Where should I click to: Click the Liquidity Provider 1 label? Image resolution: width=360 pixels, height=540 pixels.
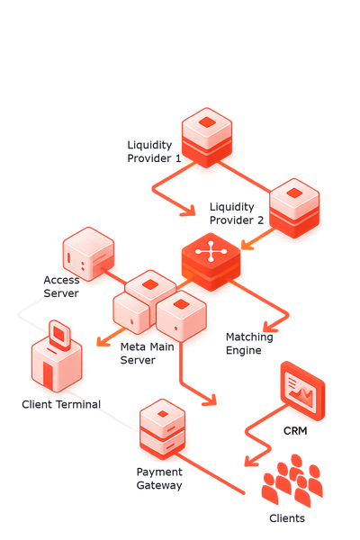[154, 151]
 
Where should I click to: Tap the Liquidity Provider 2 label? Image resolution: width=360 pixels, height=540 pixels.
[237, 213]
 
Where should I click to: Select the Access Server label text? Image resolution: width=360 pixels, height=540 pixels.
[61, 286]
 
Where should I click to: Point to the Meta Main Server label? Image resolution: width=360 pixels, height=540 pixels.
[147, 354]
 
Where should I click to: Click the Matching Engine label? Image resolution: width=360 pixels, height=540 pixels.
[249, 344]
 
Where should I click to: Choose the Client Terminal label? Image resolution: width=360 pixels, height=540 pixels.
[61, 404]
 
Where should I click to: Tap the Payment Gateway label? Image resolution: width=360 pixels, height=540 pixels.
[159, 479]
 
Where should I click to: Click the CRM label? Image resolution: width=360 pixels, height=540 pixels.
[295, 431]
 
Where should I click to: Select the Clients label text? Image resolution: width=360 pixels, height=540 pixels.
[287, 518]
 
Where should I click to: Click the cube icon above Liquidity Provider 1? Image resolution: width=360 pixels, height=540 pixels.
[207, 138]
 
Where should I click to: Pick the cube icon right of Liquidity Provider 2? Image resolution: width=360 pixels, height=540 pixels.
[294, 209]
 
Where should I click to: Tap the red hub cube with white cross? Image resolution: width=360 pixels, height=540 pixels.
[211, 262]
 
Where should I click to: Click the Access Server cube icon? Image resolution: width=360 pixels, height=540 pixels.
[88, 254]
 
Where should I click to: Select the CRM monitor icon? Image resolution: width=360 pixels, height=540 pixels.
[302, 391]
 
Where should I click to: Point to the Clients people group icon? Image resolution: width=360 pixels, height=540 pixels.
[292, 481]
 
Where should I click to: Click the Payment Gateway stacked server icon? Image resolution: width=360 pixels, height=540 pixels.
[162, 429]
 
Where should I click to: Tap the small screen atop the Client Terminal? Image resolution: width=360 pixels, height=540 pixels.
[59, 335]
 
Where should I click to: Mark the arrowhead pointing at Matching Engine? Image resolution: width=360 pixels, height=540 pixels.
[269, 327]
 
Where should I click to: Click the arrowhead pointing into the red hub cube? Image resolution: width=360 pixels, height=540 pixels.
[247, 244]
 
